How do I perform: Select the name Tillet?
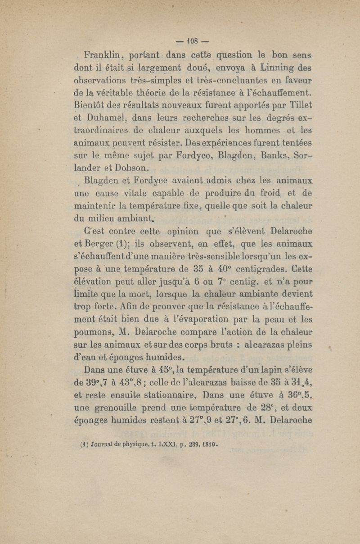[299, 106]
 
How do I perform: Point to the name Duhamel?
[97, 119]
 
